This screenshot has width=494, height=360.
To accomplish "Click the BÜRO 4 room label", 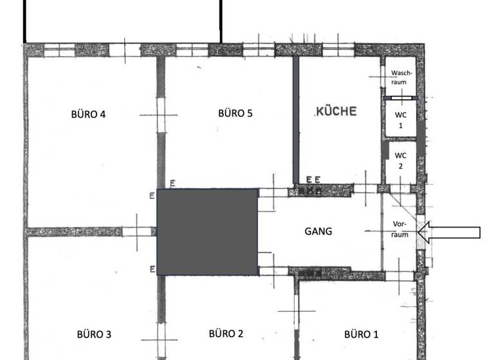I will pyautogui.click(x=88, y=114).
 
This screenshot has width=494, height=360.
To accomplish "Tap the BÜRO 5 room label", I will pyautogui.click(x=235, y=113).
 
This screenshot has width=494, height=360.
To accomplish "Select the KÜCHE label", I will pyautogui.click(x=336, y=111).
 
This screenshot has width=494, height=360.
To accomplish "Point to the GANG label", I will pyautogui.click(x=318, y=231).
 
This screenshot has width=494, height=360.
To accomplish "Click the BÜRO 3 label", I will pyautogui.click(x=94, y=334).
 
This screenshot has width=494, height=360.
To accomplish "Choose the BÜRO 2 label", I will pyautogui.click(x=226, y=333).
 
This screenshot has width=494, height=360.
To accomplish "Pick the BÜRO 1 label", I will pyautogui.click(x=361, y=334).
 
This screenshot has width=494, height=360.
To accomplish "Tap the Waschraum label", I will pyautogui.click(x=399, y=78).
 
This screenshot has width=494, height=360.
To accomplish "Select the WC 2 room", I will pyautogui.click(x=400, y=160).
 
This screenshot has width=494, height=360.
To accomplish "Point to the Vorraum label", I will pyautogui.click(x=400, y=230).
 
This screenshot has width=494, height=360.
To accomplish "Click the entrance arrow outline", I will pyautogui.click(x=454, y=232).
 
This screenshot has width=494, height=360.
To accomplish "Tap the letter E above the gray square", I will pyautogui.click(x=172, y=184).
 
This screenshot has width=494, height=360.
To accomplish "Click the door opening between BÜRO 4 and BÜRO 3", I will pyautogui.click(x=138, y=231).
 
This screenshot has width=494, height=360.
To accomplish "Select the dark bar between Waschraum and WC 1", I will pyautogui.click(x=400, y=98).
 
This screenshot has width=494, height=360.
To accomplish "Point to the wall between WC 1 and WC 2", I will pyautogui.click(x=399, y=139).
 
